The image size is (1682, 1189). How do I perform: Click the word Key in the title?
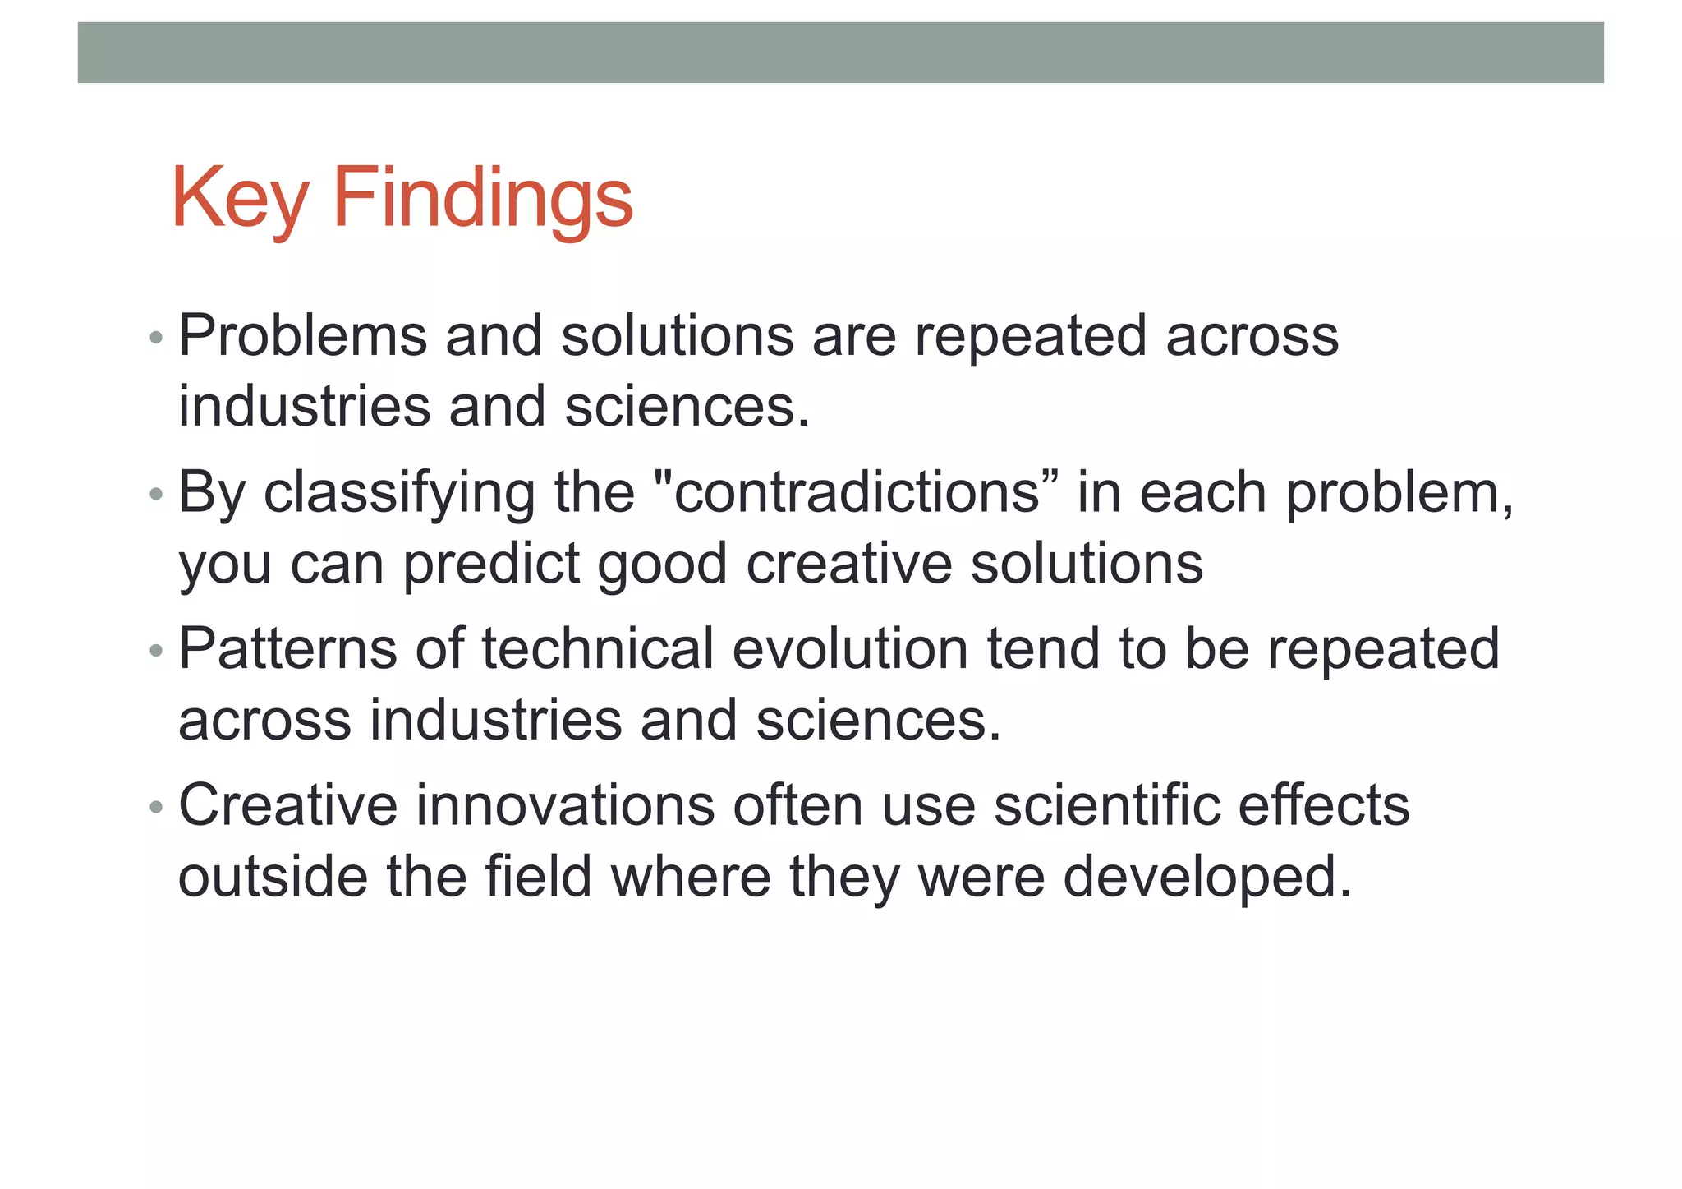(239, 199)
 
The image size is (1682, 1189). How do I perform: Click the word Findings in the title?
(483, 199)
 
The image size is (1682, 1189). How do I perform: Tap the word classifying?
(399, 493)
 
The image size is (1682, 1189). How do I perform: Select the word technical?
(597, 649)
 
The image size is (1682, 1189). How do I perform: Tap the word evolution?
(850, 649)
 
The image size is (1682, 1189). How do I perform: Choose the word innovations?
(565, 805)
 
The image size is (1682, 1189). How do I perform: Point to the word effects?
(1324, 805)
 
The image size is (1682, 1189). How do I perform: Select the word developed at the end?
(1207, 877)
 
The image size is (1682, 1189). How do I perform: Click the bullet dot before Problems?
(156, 339)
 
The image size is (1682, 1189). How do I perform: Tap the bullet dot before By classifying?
(156, 495)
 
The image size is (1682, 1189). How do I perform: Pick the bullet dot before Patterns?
(156, 652)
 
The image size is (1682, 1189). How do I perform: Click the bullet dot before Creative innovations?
(156, 808)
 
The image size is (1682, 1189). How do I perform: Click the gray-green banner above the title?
(840, 53)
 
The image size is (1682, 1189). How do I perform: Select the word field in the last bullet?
(538, 877)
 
